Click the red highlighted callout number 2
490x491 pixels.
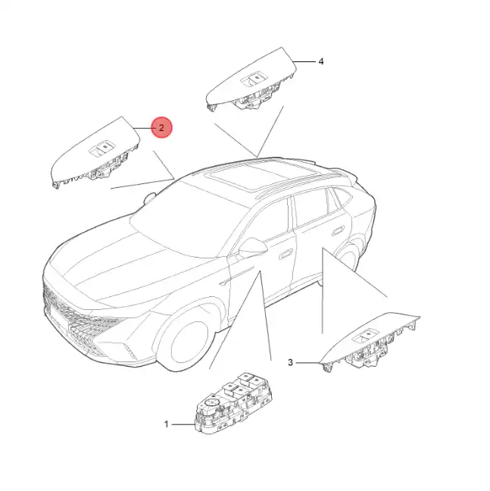[x=161, y=128]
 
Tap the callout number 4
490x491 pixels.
[x=320, y=61]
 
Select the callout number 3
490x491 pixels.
[x=290, y=363]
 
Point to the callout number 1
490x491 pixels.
[x=167, y=424]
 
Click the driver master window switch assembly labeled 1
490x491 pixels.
[x=233, y=403]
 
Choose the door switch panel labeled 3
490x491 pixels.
[x=370, y=342]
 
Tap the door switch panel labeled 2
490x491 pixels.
[x=95, y=153]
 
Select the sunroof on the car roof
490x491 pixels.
[x=262, y=175]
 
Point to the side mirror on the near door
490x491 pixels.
[x=252, y=247]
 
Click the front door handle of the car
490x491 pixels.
[x=286, y=254]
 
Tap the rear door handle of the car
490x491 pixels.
[x=339, y=231]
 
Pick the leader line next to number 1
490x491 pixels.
[x=183, y=424]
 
